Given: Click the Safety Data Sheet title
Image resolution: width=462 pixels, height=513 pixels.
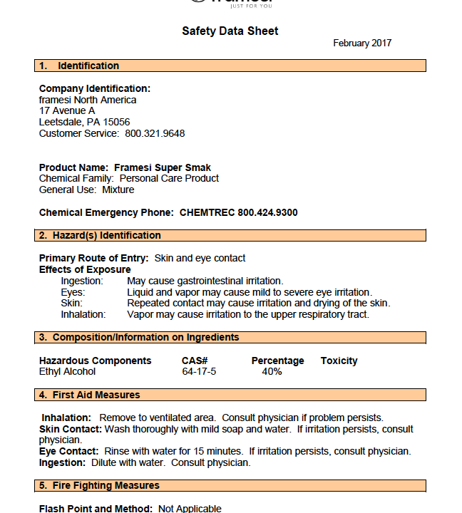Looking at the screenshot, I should (230, 31).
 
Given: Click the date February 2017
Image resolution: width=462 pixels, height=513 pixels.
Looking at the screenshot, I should (362, 43).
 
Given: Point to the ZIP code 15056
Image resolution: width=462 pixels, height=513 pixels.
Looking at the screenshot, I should (116, 122).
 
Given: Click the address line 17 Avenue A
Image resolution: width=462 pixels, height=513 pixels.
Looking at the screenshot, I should (67, 111).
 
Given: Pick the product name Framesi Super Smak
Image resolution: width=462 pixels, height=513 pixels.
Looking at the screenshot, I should (163, 168).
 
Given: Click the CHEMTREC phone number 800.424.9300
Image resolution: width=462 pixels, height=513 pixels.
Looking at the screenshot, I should (267, 212).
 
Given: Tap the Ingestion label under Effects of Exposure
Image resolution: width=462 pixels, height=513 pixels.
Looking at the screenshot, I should (82, 281).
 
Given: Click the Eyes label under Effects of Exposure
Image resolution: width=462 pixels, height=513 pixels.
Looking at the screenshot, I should (73, 292).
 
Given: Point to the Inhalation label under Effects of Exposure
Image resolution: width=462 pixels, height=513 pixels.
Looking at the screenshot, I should (83, 314).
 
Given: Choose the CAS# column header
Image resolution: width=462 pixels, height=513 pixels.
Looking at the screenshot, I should (195, 361).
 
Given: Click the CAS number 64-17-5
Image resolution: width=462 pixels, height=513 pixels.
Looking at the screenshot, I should (199, 371).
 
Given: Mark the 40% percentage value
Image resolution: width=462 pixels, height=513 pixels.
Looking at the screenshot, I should (272, 371).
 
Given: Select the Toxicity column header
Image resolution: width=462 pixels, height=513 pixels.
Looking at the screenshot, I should (339, 361).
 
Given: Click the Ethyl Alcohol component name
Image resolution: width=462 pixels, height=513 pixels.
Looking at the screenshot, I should (67, 371).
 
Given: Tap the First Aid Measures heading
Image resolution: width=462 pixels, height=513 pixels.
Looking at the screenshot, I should (96, 395).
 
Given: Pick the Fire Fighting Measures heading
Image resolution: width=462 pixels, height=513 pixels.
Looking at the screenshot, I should (106, 485).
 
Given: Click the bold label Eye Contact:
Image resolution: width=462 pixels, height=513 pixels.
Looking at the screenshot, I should (69, 452).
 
